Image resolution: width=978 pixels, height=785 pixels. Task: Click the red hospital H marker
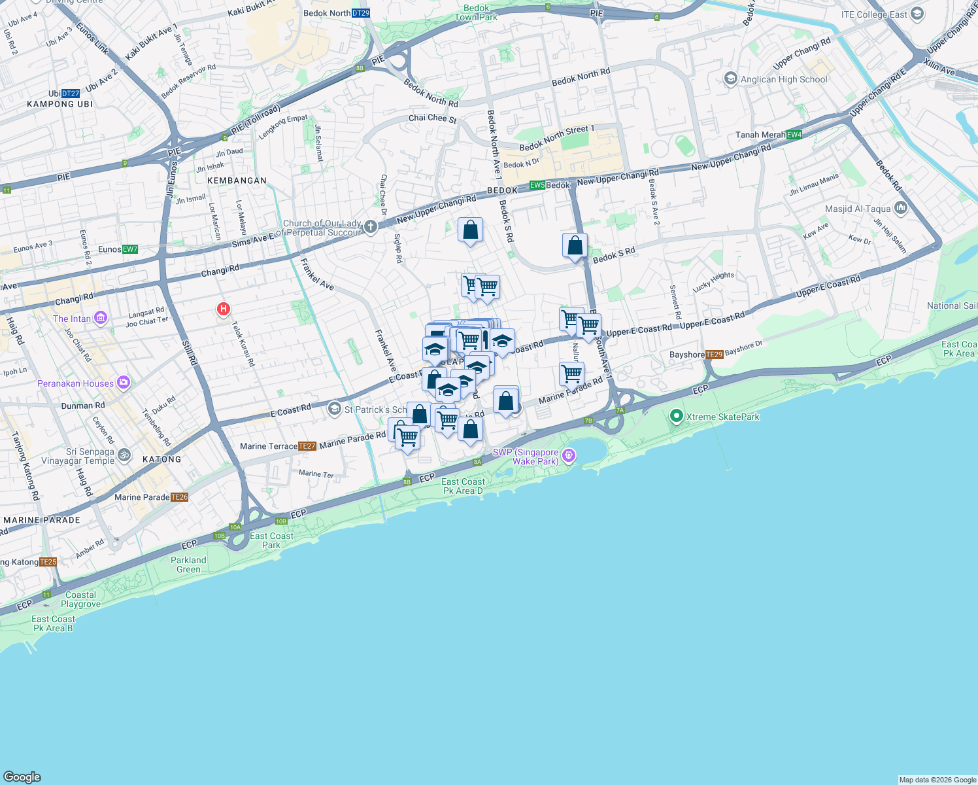click(224, 308)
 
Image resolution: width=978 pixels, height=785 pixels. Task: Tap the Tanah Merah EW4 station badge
click(794, 135)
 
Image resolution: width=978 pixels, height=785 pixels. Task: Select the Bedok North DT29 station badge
click(360, 13)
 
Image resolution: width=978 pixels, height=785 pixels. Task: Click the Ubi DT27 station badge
click(70, 94)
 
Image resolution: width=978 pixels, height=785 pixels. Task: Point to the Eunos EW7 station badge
click(130, 249)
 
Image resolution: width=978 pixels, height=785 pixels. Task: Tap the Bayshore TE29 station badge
click(715, 355)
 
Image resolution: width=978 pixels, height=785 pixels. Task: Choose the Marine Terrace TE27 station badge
click(307, 446)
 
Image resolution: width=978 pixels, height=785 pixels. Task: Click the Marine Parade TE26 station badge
click(180, 497)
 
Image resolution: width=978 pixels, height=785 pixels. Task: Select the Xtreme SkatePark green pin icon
click(677, 416)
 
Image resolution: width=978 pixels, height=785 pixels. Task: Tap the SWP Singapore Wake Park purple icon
click(569, 455)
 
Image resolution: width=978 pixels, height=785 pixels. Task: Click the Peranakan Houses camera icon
click(124, 383)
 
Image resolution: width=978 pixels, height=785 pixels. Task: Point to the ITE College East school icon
click(917, 14)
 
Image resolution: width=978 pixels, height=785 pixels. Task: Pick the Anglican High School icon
click(731, 79)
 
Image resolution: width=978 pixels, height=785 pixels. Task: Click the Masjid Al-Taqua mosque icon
click(901, 209)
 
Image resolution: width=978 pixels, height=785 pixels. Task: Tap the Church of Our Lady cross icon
click(371, 226)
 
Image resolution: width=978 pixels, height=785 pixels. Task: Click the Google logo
click(22, 776)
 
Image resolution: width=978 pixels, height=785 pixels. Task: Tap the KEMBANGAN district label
click(237, 181)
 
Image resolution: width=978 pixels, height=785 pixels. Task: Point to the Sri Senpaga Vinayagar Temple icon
click(124, 455)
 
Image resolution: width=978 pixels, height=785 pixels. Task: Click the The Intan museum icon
click(101, 319)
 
